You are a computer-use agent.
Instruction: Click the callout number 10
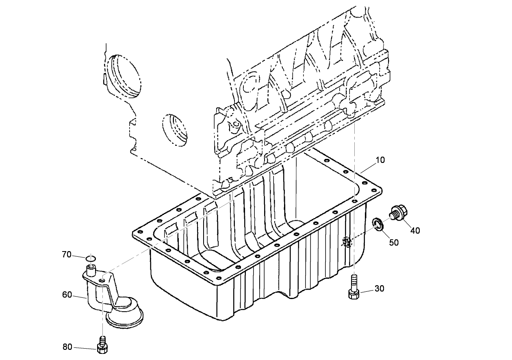click(380, 160)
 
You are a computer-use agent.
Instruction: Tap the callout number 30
click(379, 288)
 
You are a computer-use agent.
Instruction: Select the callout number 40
click(415, 230)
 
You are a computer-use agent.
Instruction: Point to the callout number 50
click(394, 242)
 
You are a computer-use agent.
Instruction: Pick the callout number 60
click(67, 295)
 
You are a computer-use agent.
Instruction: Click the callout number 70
click(67, 255)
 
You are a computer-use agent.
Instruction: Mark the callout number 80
click(67, 347)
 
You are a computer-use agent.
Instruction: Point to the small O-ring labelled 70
click(91, 258)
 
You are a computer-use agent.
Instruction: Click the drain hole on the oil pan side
click(347, 243)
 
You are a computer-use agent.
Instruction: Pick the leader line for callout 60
click(80, 297)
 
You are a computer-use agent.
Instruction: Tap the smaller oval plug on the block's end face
click(176, 130)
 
